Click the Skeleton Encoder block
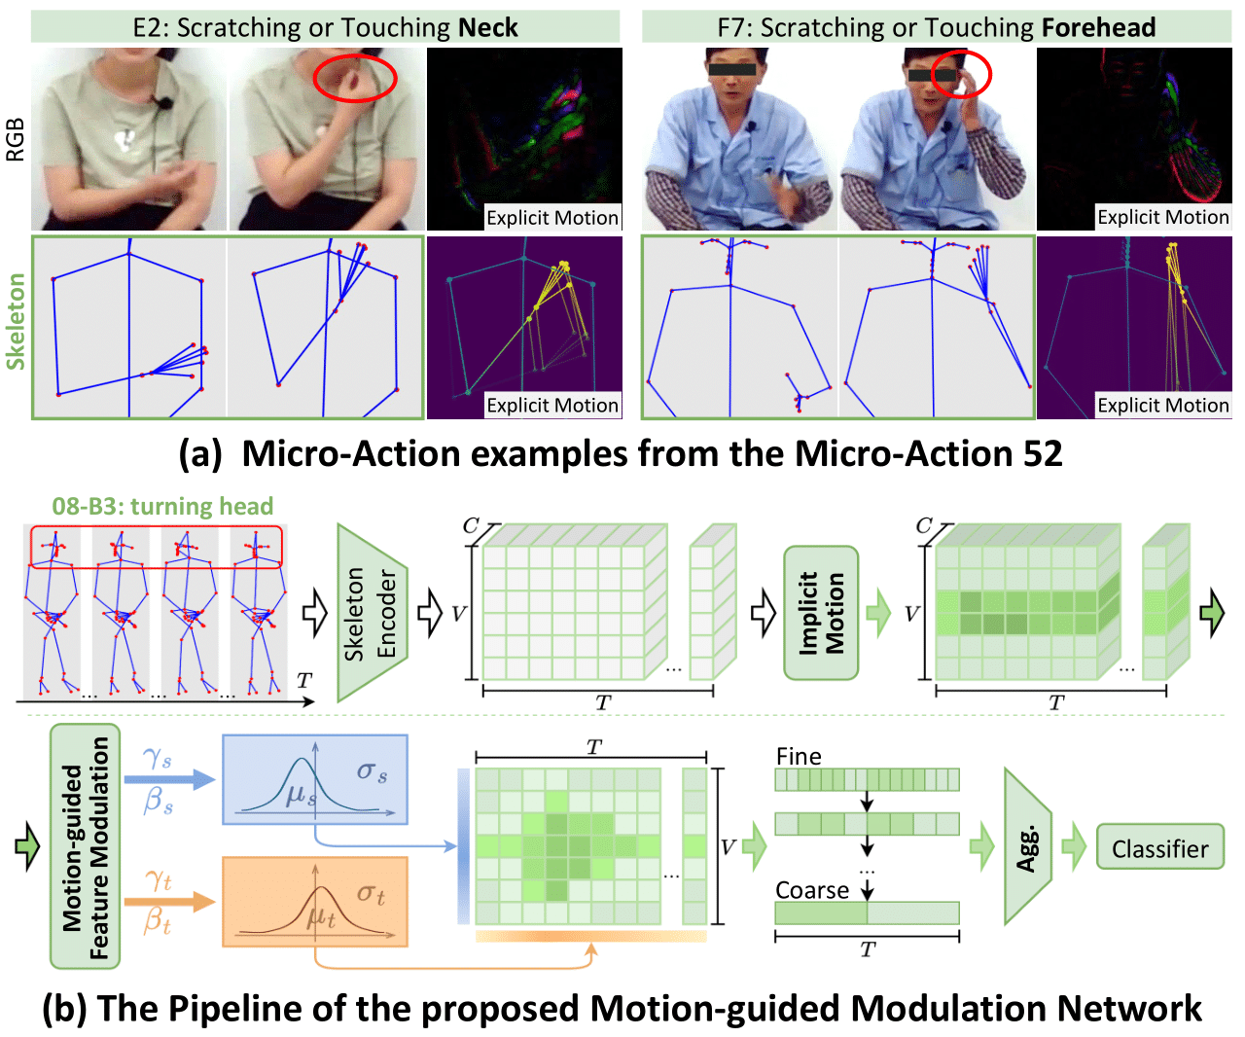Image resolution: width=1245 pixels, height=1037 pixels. click(372, 613)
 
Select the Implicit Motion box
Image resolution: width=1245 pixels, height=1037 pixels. click(821, 613)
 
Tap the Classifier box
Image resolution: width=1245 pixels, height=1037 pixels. click(1159, 848)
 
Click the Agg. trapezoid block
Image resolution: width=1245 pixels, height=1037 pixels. click(1027, 846)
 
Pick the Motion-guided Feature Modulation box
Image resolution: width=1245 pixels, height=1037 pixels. click(86, 846)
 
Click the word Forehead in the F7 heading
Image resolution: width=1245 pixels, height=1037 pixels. click(1098, 27)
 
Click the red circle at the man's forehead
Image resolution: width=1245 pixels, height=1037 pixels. click(961, 73)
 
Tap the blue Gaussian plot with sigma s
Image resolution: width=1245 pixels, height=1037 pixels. click(315, 779)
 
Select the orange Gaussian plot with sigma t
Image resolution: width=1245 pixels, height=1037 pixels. click(315, 902)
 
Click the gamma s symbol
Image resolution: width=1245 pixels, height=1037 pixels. click(157, 759)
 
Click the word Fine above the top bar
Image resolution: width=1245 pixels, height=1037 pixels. click(799, 757)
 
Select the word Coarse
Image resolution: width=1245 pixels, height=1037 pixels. click(812, 890)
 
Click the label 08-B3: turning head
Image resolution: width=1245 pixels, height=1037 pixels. click(162, 506)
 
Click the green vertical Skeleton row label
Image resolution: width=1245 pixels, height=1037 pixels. click(15, 321)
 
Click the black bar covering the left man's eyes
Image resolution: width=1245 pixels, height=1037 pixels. click(732, 69)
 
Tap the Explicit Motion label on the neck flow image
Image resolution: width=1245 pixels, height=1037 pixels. click(551, 218)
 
